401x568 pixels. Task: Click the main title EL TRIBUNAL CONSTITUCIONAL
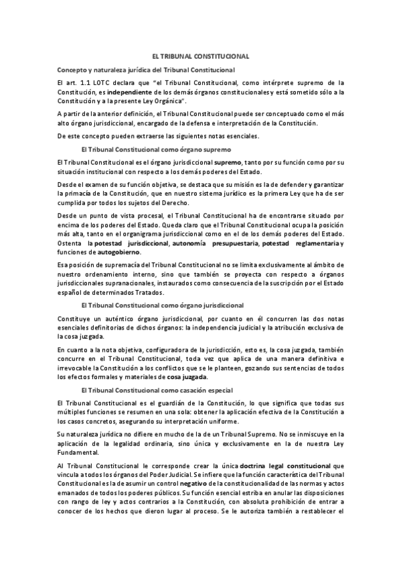[x=201, y=58]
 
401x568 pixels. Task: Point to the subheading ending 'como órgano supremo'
[x=155, y=149]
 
